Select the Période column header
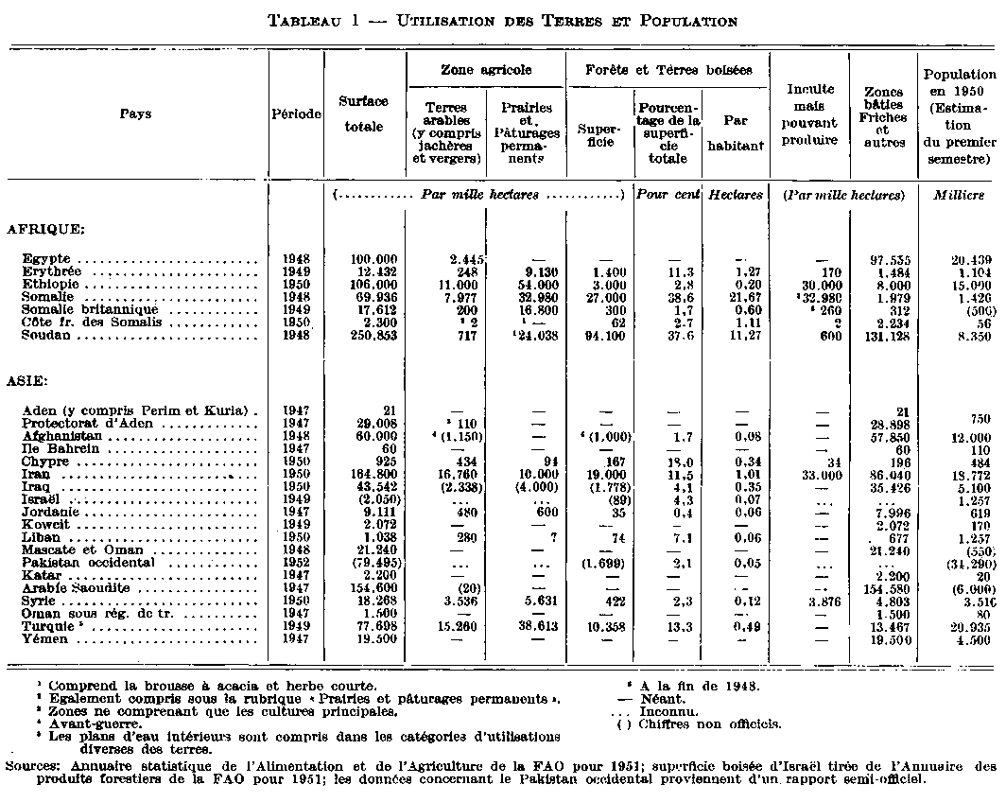point(296,113)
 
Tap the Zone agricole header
point(486,70)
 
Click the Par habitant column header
point(736,129)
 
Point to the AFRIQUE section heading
point(44,229)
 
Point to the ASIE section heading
point(29,383)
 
